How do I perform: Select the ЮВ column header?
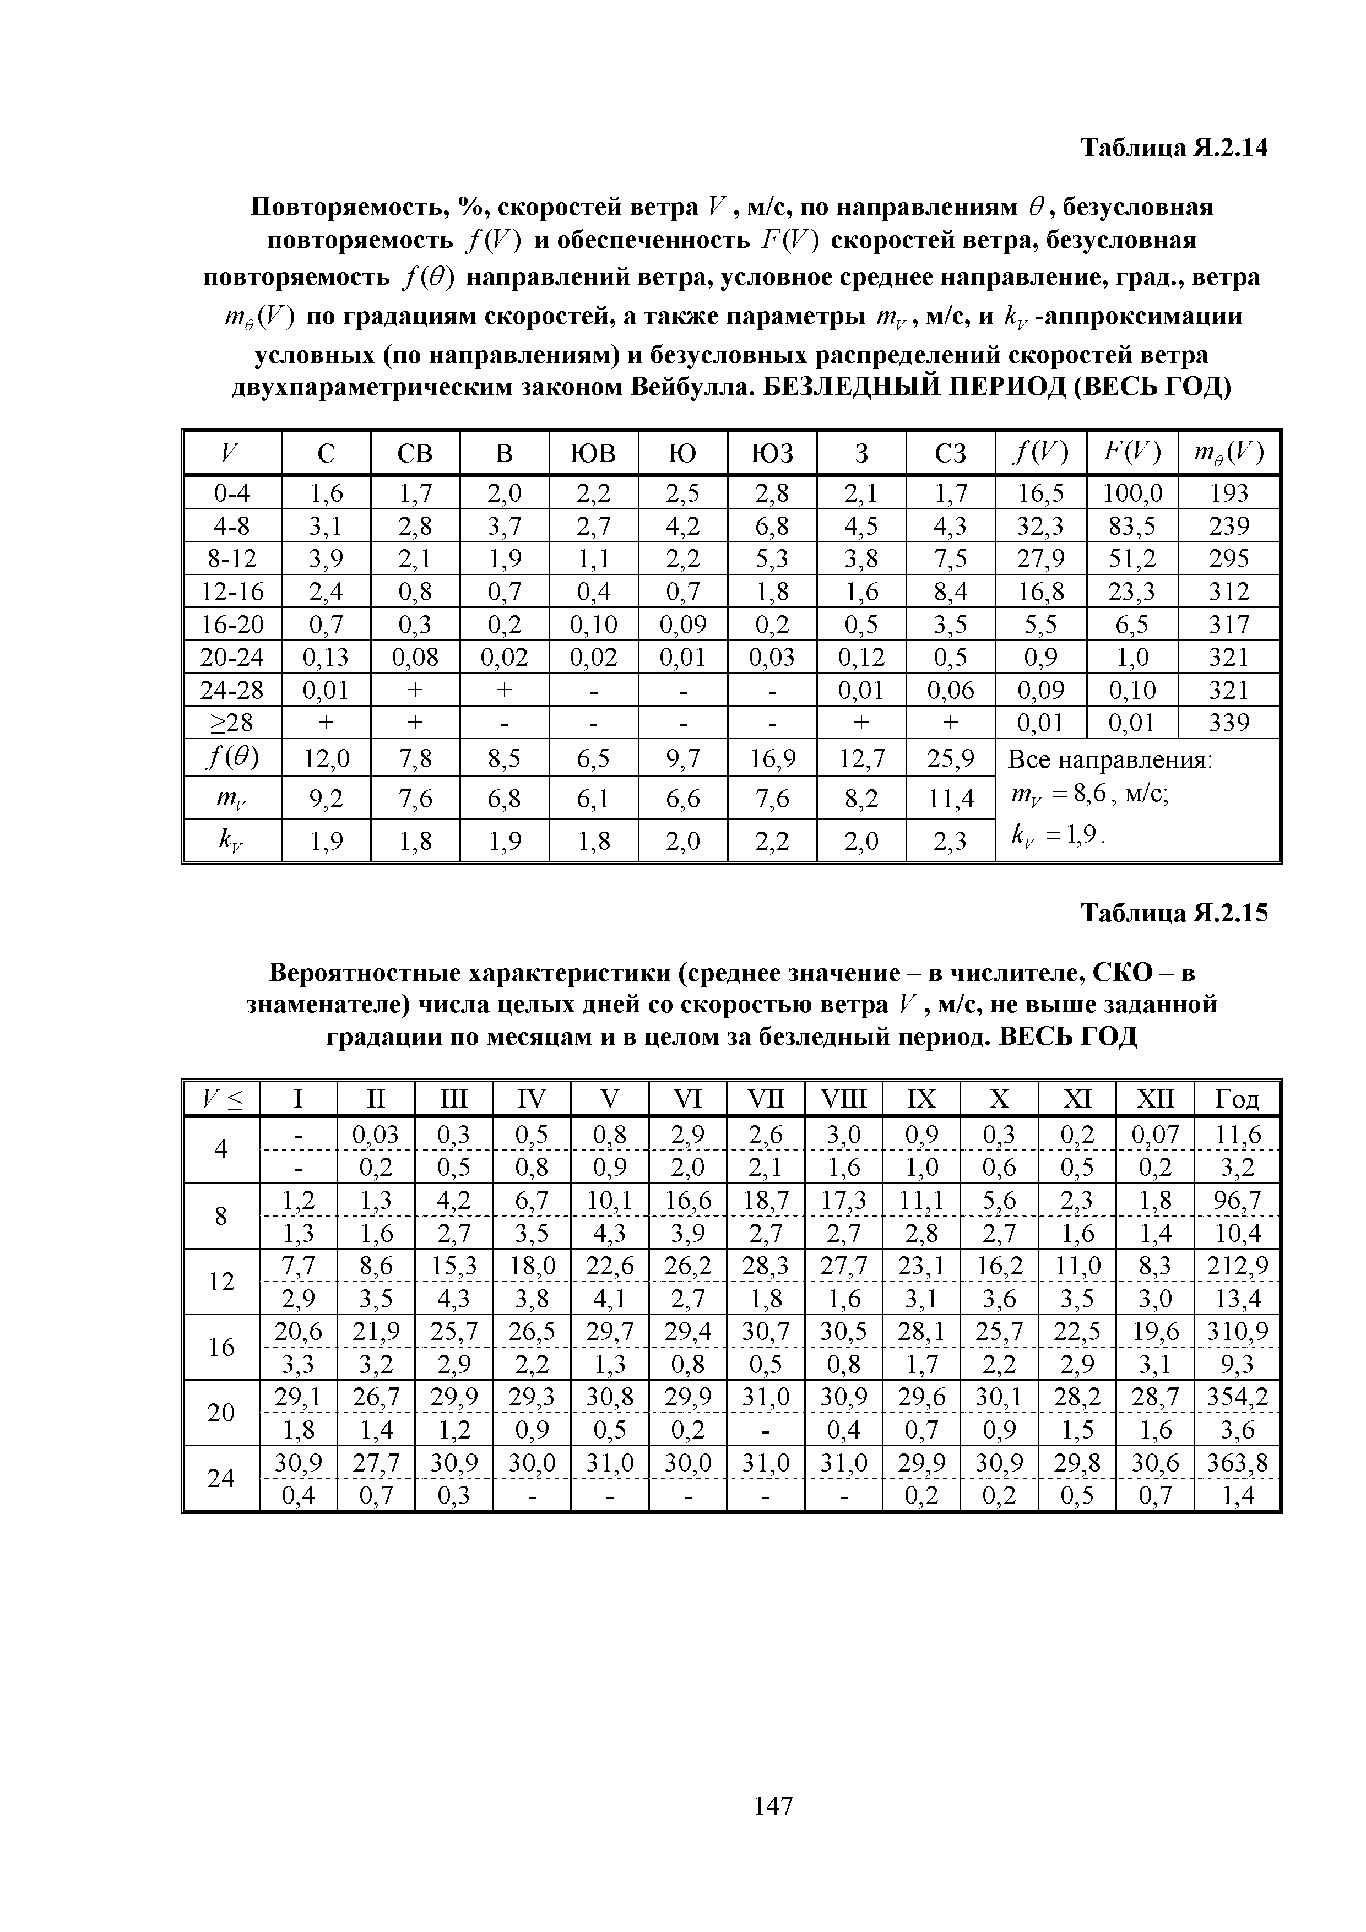[593, 454]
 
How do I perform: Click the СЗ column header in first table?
[950, 454]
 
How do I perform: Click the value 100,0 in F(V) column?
[1132, 493]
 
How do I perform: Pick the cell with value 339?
[1229, 723]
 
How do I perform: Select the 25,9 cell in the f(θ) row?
[950, 760]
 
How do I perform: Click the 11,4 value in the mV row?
[950, 797]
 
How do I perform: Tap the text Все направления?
[1109, 760]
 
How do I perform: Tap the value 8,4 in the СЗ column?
[950, 593]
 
